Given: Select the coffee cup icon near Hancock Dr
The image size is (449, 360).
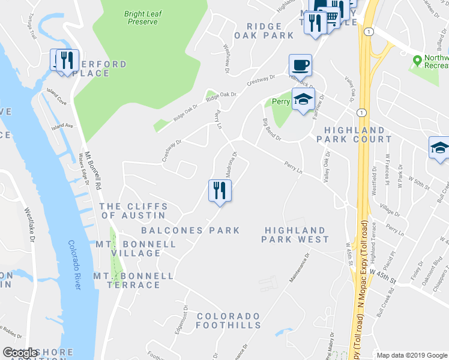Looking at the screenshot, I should (x=300, y=65).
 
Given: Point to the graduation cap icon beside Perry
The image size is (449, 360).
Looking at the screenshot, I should (x=303, y=99).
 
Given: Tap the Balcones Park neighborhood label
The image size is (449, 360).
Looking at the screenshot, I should (x=190, y=230).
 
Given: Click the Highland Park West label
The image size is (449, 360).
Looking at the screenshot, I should (x=295, y=235).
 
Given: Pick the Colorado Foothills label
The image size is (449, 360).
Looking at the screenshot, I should (x=228, y=321).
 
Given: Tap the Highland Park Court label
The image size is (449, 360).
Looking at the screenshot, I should (x=354, y=134).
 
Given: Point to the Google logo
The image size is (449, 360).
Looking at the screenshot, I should (x=20, y=353).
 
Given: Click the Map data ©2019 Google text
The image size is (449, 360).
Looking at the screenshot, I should (x=412, y=355).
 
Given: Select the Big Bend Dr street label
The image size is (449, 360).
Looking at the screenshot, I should (x=272, y=129).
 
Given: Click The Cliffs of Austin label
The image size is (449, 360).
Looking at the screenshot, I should (x=133, y=211).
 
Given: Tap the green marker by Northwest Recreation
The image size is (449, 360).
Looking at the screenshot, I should (x=417, y=60).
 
